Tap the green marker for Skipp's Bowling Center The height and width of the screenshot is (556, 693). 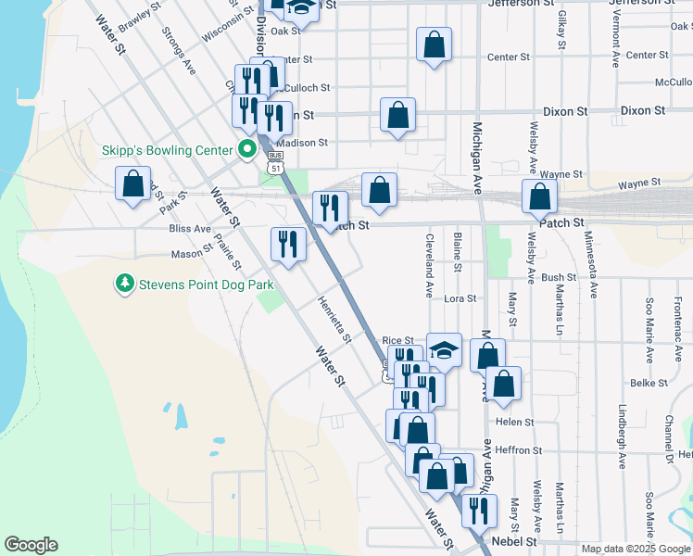pyautogui.click(x=247, y=148)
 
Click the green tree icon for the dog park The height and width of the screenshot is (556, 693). pyautogui.click(x=124, y=282)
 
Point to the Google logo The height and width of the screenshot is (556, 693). pyautogui.click(x=31, y=545)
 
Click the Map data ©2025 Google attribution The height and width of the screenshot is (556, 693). pyautogui.click(x=636, y=549)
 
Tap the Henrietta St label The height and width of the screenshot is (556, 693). pyautogui.click(x=334, y=319)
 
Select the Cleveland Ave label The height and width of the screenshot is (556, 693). pyautogui.click(x=430, y=264)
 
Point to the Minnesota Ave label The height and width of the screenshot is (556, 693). pyautogui.click(x=590, y=263)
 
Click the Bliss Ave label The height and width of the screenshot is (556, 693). pyautogui.click(x=190, y=228)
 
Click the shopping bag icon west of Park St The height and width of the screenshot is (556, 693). pyautogui.click(x=133, y=183)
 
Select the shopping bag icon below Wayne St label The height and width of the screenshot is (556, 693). pyautogui.click(x=538, y=196)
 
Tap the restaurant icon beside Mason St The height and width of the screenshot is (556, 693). pyautogui.click(x=288, y=245)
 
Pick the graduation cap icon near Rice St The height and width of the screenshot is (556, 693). pyautogui.click(x=444, y=349)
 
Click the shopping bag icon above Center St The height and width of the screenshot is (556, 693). pyautogui.click(x=434, y=44)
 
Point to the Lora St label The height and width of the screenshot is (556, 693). pyautogui.click(x=460, y=299)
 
